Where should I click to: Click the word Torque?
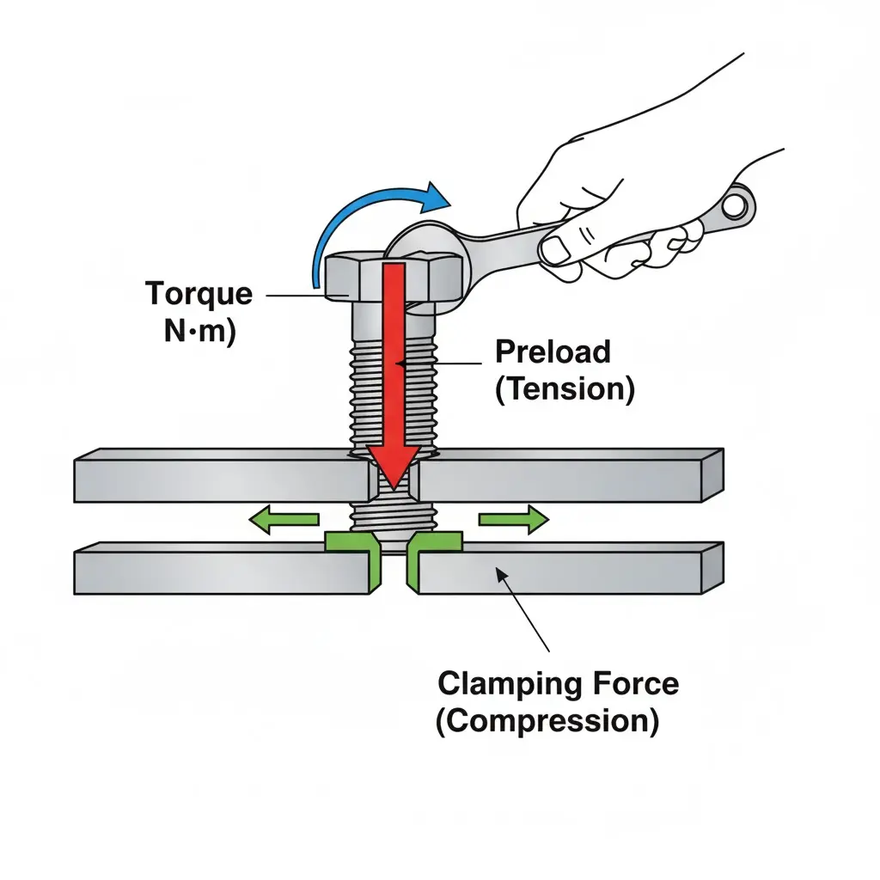pos(199,294)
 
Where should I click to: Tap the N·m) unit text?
pos(199,332)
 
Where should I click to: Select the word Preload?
pos(553,351)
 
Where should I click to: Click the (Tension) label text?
pos(565,389)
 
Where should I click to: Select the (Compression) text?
pos(547,721)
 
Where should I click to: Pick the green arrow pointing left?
pos(284,519)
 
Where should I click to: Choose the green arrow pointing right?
pos(513,519)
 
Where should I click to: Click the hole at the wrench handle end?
pos(736,205)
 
